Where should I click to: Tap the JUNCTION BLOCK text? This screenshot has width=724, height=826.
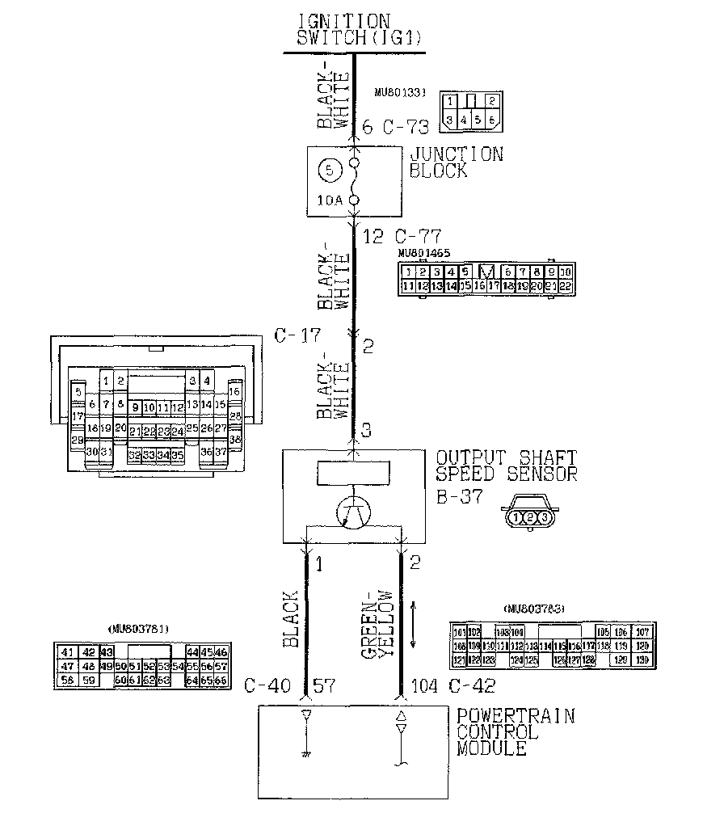[x=456, y=162]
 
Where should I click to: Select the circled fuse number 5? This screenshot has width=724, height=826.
[x=329, y=171]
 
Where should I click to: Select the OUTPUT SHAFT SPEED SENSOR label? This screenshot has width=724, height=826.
[x=507, y=466]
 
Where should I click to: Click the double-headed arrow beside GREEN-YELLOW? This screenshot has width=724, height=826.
[x=414, y=623]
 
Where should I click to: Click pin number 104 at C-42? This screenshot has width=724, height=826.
[x=425, y=687]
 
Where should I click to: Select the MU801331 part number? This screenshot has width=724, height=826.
[x=401, y=94]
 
